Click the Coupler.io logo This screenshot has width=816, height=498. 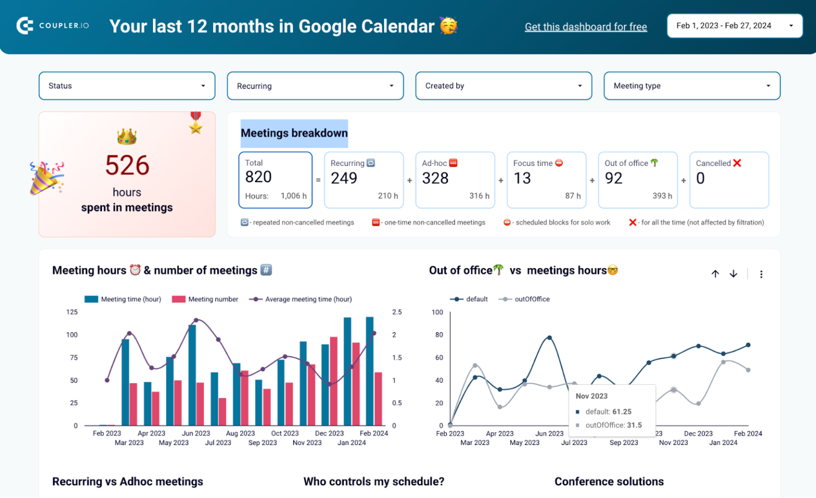(52, 26)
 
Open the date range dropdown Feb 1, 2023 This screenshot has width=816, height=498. (734, 26)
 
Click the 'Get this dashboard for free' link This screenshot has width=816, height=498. (585, 27)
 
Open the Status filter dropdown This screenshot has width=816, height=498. (126, 86)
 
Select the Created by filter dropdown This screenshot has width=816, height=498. (503, 86)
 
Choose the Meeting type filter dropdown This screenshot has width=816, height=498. (692, 86)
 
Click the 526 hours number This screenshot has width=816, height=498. (127, 165)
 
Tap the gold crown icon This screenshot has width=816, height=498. (127, 137)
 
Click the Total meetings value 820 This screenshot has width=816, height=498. (258, 177)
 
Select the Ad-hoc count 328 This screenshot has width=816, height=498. (435, 179)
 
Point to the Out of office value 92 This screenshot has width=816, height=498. (613, 179)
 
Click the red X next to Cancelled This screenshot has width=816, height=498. (737, 163)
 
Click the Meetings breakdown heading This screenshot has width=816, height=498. (294, 133)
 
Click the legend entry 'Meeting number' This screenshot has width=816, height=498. (212, 299)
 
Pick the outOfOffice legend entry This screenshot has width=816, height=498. (531, 299)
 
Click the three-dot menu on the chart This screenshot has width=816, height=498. (761, 274)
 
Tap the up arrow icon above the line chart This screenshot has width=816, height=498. (715, 274)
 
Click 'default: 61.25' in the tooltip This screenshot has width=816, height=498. (608, 412)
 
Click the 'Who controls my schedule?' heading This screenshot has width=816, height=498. (373, 482)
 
